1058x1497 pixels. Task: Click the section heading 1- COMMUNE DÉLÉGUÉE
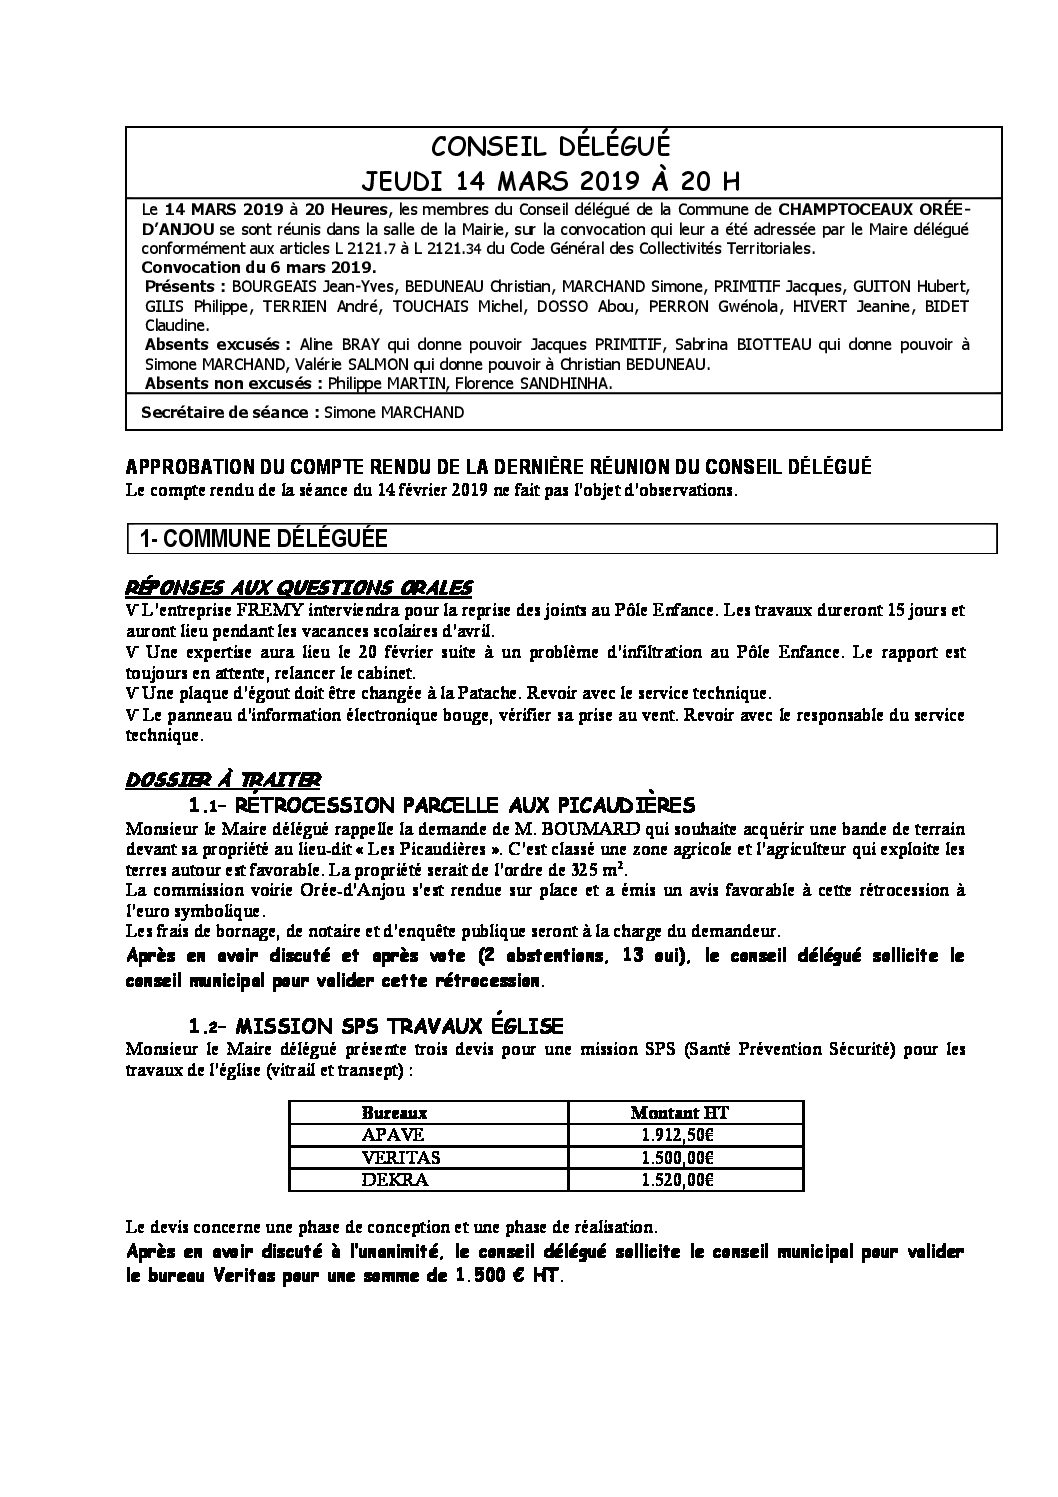(x=264, y=539)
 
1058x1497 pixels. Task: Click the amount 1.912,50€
(x=672, y=1134)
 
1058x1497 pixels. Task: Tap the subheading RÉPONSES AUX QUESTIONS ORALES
(x=299, y=586)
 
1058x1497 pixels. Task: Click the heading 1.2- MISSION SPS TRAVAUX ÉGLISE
(x=376, y=1026)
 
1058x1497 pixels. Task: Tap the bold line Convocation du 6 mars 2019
(x=260, y=267)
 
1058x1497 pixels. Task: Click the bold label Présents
(x=186, y=287)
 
